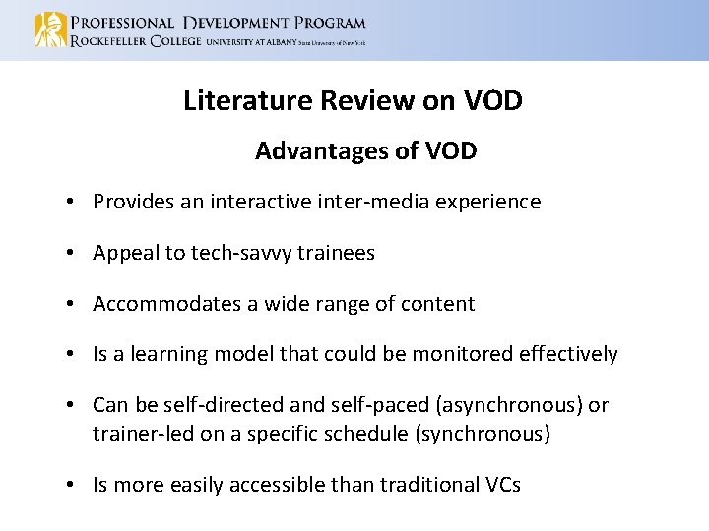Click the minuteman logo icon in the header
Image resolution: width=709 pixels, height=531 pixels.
[50, 29]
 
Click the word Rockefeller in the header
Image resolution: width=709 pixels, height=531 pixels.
[107, 41]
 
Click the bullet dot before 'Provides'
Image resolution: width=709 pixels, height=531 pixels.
[74, 203]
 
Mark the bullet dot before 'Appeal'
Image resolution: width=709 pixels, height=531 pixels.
[74, 254]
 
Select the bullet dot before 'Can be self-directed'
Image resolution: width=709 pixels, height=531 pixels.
[74, 406]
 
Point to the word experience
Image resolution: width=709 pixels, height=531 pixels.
[491, 203]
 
